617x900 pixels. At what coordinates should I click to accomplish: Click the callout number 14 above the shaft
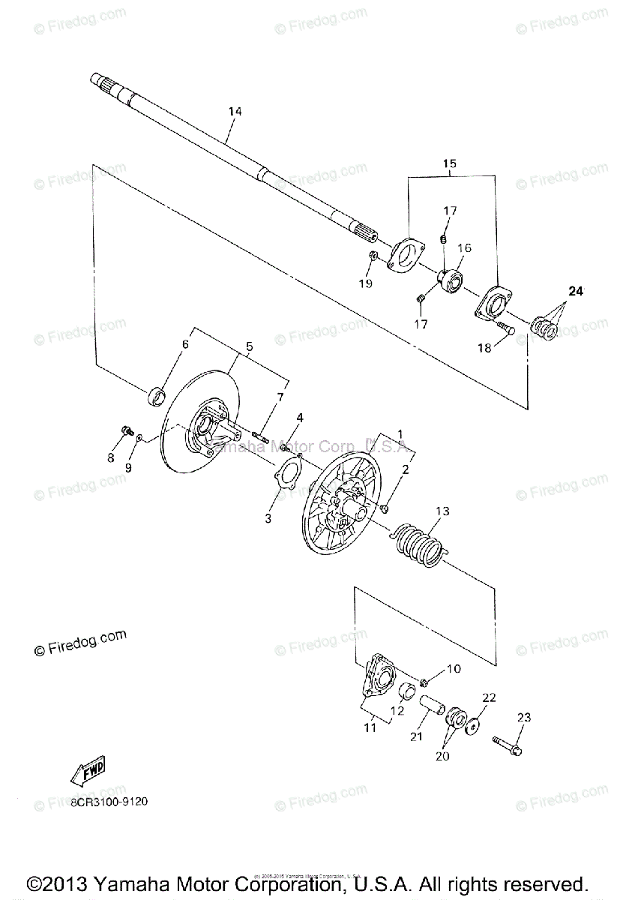pyautogui.click(x=235, y=112)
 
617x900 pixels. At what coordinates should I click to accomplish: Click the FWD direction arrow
pyautogui.click(x=88, y=771)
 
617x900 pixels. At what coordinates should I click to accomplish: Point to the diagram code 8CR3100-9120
pyautogui.click(x=109, y=800)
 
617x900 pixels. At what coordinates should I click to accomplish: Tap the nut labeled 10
pyautogui.click(x=424, y=682)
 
